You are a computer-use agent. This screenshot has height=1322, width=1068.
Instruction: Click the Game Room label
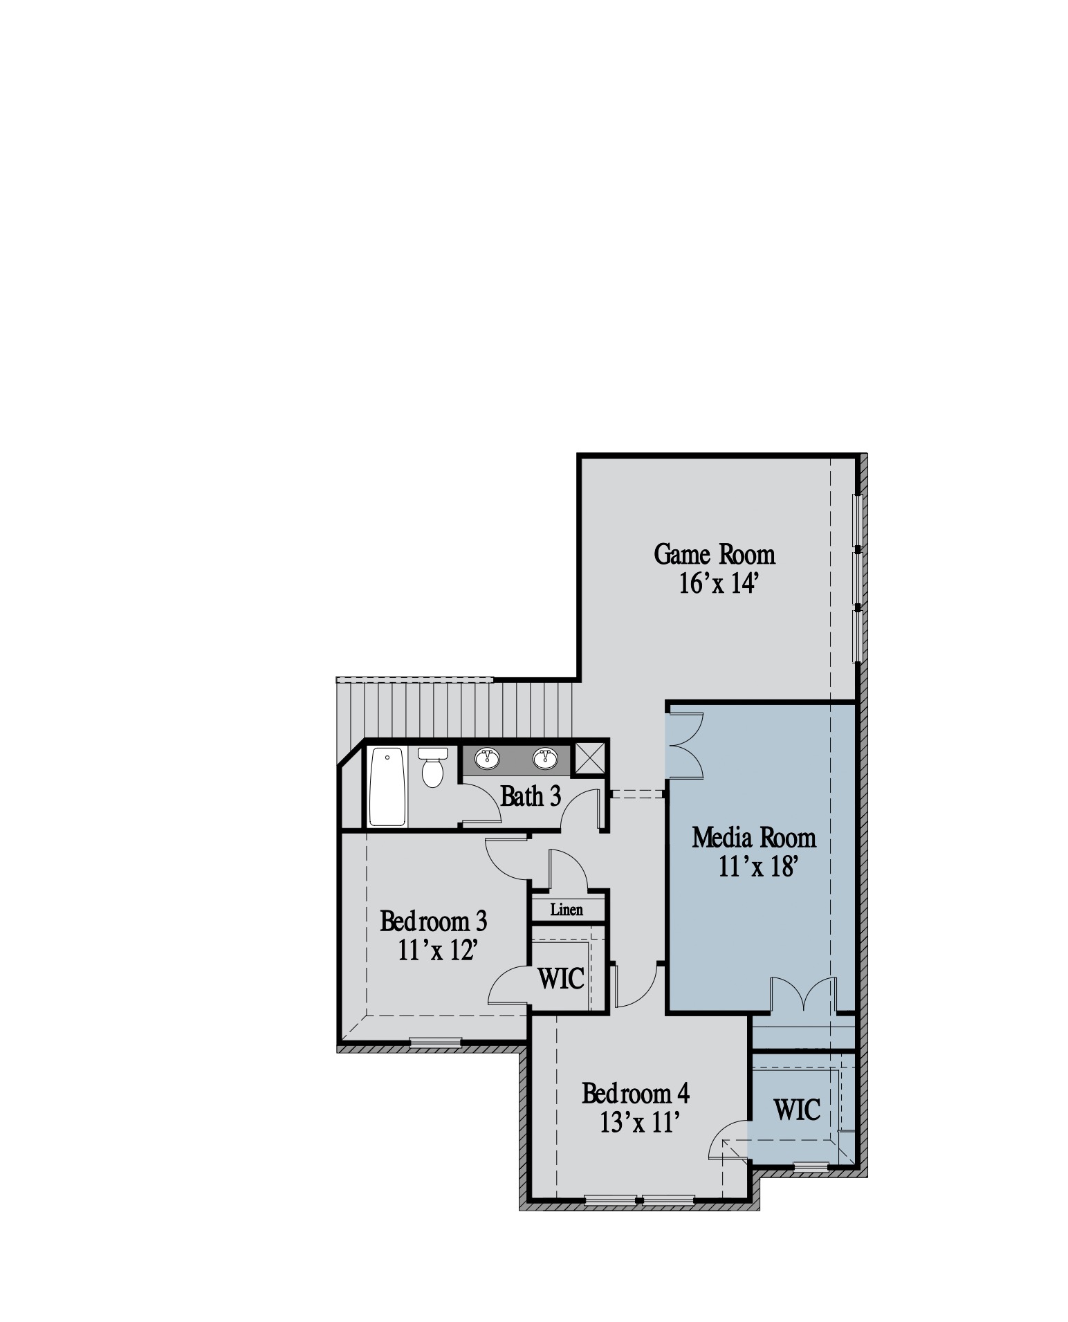715,554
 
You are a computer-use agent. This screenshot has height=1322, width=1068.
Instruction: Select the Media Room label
754,838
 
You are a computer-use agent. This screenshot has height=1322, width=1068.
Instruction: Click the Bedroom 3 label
434,921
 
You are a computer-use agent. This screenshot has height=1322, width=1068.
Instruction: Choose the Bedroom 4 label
636,1094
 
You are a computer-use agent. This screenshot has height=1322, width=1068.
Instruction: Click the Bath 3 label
531,796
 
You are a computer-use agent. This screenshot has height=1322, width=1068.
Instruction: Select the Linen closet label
567,910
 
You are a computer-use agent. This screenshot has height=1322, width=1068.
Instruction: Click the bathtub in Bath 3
387,787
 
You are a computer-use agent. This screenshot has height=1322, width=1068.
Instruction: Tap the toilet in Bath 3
433,768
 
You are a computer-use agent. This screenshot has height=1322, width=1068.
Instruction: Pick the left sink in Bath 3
488,758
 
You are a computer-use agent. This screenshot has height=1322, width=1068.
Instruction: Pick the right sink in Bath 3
545,758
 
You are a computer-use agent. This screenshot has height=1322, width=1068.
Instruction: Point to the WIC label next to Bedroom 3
561,979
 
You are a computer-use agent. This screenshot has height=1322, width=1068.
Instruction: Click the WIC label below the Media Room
798,1110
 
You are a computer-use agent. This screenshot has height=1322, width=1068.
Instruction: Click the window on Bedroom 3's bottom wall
436,1041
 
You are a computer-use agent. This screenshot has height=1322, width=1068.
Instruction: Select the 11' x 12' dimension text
439,951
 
